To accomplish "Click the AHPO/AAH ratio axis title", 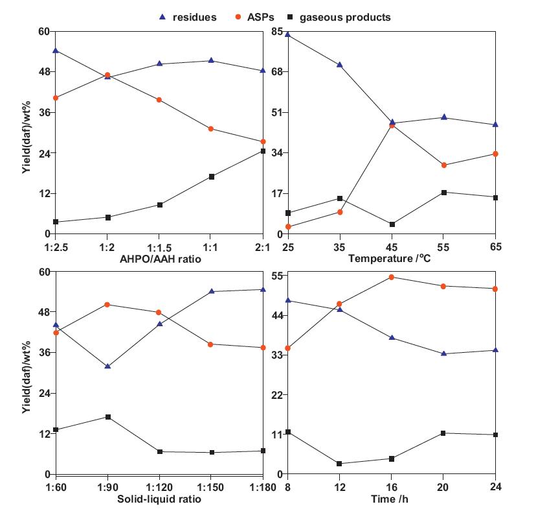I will point(159,259).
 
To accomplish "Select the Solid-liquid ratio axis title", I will point(159,499).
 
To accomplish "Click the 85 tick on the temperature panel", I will point(276,31).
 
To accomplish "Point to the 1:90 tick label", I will point(107,488).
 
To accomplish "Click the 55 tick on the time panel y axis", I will point(276,276).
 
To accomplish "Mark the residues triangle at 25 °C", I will point(288,34).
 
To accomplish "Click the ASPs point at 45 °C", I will point(392,125).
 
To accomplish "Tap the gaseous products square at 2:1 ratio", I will point(263,151).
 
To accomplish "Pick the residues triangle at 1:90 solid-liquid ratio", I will point(107,366).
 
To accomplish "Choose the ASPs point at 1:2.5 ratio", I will point(56,98).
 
